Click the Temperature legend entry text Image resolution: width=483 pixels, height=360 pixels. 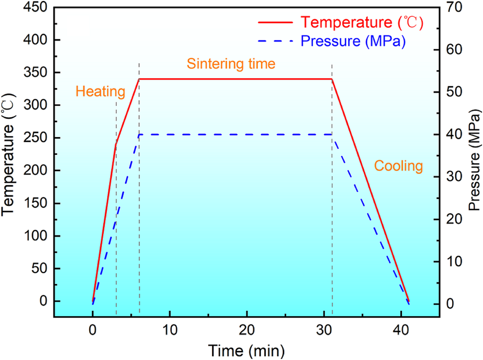coord(362,22)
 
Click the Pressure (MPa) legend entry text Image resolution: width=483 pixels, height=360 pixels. coord(353,41)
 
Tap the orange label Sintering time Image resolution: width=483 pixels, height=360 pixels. coord(231,64)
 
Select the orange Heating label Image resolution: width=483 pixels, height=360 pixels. coord(100,91)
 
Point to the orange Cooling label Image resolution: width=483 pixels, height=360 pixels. coord(398,166)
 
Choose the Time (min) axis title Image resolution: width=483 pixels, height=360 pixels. coord(246,350)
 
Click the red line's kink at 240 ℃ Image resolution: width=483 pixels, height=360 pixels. coord(116,144)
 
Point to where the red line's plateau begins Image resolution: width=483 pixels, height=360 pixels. coord(139,79)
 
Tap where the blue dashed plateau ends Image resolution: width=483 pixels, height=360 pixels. coord(332,135)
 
